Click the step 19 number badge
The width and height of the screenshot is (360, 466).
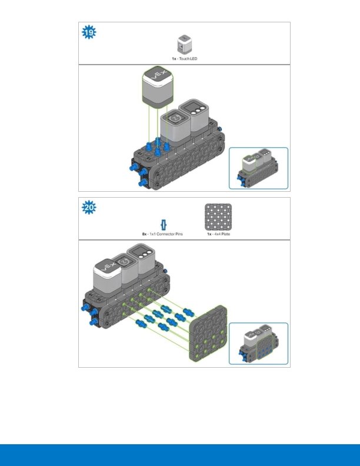click(89, 32)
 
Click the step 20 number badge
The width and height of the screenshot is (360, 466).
click(89, 207)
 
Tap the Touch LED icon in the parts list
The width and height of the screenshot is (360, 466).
click(185, 45)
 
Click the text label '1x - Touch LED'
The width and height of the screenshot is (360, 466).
click(185, 59)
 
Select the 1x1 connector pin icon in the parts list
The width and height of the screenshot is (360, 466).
click(164, 225)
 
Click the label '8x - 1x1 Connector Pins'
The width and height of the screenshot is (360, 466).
click(162, 234)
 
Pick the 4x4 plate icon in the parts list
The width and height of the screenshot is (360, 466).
click(218, 217)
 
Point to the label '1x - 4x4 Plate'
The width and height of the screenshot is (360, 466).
click(219, 234)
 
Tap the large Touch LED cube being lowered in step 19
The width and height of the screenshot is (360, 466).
click(158, 86)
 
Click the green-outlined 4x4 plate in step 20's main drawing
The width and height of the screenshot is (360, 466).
click(208, 333)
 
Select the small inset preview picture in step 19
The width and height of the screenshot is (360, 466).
click(258, 168)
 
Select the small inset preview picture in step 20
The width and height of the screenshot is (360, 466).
click(258, 344)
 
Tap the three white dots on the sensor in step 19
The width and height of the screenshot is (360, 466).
click(198, 111)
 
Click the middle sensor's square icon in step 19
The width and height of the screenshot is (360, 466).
click(175, 118)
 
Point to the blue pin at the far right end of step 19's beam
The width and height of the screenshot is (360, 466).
click(220, 129)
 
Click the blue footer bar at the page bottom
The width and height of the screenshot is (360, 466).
click(180, 455)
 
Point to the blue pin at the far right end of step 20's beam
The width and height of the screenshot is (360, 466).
click(165, 271)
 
